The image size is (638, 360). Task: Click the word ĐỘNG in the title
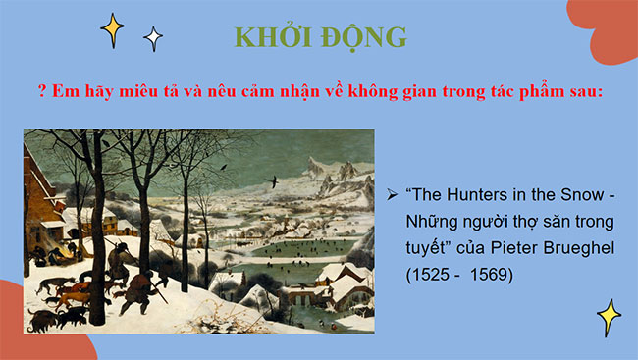357,37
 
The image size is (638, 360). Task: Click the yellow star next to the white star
113,30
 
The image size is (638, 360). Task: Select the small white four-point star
153,38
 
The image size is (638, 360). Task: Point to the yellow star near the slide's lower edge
609,317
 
